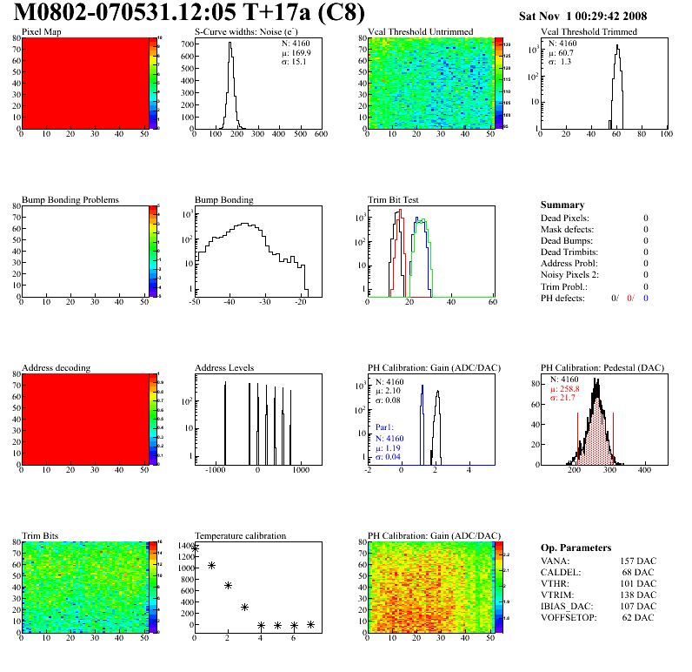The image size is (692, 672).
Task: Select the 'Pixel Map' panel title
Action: click(41, 32)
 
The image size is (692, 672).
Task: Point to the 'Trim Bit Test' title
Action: click(395, 199)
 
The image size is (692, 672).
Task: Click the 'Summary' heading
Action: click(562, 205)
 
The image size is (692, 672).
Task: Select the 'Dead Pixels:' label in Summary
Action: click(564, 218)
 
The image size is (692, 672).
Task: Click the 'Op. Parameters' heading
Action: click(576, 548)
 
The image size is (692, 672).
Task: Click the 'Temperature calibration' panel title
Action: click(240, 535)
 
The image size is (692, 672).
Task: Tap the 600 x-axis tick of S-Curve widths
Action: click(321, 135)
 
